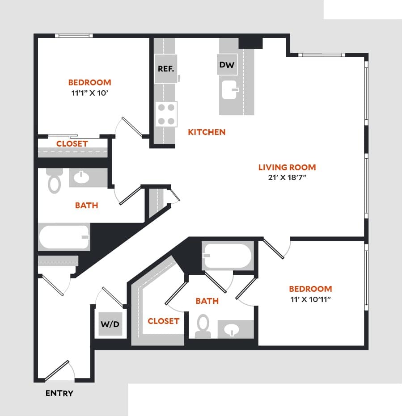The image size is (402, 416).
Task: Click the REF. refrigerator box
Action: pos(165,69)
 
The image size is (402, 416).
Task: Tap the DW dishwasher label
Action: pos(227,65)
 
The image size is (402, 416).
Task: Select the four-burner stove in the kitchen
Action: pos(166,114)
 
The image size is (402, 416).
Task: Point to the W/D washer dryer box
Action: pos(110,324)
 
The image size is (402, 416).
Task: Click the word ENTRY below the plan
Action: pos(59,394)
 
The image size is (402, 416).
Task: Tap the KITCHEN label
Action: pos(207,132)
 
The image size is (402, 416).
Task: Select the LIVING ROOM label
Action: pos(287,167)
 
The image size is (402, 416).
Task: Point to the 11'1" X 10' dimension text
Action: pos(89,93)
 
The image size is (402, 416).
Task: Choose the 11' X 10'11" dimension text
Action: pos(310,300)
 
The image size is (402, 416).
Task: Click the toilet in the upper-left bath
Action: pos(54,181)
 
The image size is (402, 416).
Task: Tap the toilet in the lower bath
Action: pos(203,326)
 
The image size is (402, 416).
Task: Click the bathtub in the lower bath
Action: pos(228,256)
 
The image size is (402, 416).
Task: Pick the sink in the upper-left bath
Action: pos(81,177)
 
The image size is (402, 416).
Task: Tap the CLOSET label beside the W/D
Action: pos(163,321)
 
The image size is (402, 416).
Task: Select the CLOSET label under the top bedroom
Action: pos(72,143)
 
